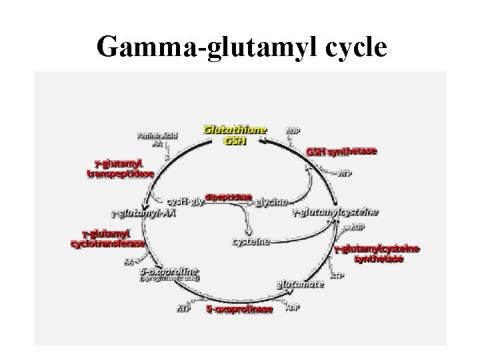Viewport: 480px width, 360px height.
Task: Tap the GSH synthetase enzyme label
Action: pyautogui.click(x=341, y=151)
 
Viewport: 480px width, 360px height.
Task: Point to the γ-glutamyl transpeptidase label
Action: pyautogui.click(x=121, y=169)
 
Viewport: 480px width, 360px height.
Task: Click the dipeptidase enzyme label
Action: pyautogui.click(x=229, y=197)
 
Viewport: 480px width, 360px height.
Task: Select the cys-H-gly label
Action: pyautogui.click(x=184, y=201)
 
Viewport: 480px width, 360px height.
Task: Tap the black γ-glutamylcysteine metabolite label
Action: pyautogui.click(x=336, y=212)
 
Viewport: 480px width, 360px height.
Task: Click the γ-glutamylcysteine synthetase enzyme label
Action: pyautogui.click(x=377, y=253)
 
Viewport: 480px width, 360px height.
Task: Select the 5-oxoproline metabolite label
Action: pyautogui.click(x=169, y=271)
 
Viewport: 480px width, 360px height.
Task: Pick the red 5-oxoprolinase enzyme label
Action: pyautogui.click(x=238, y=309)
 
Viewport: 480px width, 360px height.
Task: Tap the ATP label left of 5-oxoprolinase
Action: pyautogui.click(x=183, y=309)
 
